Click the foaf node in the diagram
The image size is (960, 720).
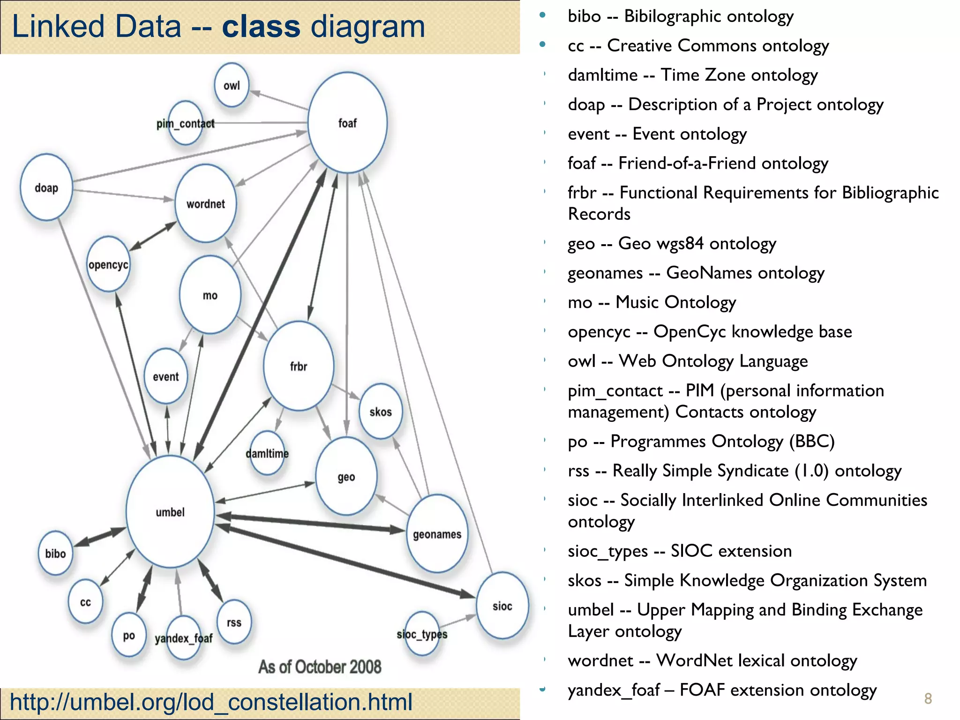[347, 123]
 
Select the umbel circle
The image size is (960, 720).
[170, 512]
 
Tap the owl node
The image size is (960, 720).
[232, 85]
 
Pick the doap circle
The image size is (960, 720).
[46, 187]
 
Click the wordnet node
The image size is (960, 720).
[206, 203]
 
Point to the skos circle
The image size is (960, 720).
[381, 412]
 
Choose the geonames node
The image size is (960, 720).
[437, 534]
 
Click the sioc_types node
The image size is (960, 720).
[422, 634]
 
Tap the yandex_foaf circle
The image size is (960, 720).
[184, 638]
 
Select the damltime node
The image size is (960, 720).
[267, 453]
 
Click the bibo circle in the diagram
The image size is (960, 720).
[55, 554]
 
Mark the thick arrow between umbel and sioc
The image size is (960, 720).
[347, 562]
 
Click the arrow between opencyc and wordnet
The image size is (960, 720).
[153, 235]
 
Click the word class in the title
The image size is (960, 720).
[261, 26]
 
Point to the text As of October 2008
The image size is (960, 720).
[320, 667]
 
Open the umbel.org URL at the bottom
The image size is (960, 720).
[211, 702]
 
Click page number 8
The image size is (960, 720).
[928, 699]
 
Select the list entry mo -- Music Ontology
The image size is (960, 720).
[652, 302]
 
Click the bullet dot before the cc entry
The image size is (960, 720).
[543, 45]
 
